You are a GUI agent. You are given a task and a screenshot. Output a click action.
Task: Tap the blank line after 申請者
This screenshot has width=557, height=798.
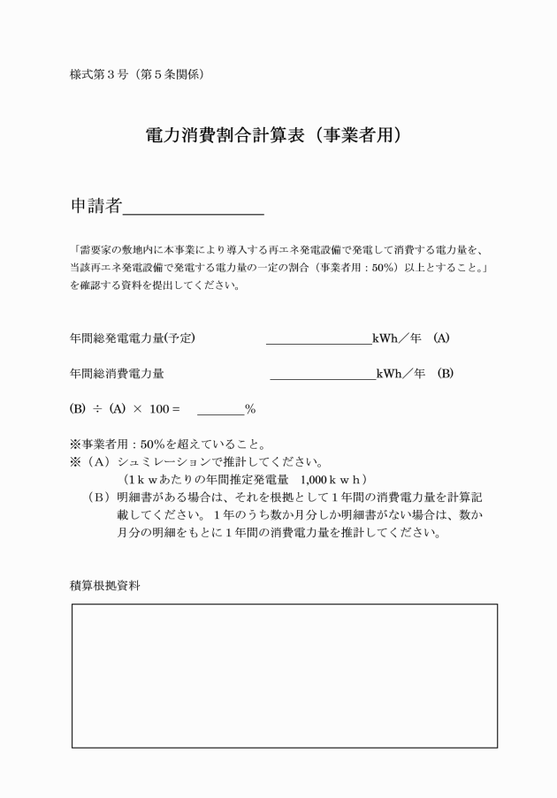[194, 212]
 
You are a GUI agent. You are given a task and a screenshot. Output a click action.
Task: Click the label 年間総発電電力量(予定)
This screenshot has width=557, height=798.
[133, 338]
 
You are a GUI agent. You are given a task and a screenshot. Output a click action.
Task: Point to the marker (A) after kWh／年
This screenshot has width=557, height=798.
[442, 338]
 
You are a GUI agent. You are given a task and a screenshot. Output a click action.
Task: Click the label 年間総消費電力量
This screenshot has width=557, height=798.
[117, 374]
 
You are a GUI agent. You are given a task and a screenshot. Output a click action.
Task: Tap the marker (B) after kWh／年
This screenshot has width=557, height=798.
[446, 374]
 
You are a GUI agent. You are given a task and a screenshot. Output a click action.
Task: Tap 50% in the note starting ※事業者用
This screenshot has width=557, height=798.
[141, 445]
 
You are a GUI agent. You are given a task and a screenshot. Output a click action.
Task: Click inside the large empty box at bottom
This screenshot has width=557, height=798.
[284, 675]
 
